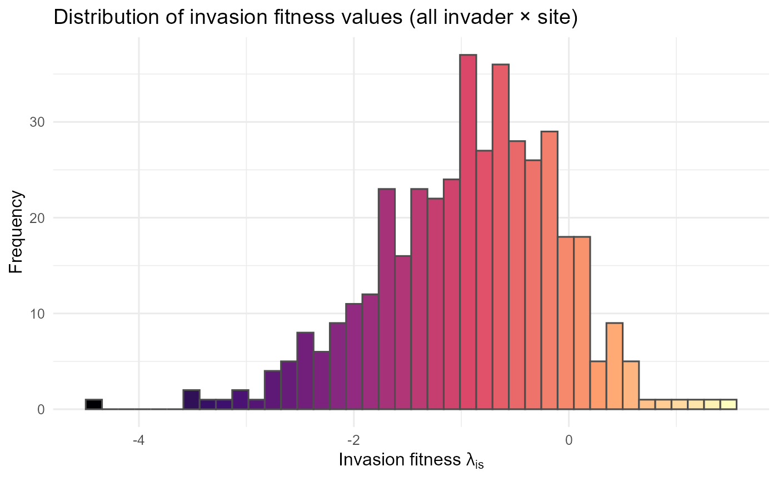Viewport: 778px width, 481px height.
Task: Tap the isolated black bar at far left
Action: pyautogui.click(x=93, y=405)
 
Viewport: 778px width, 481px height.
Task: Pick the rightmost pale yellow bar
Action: pyautogui.click(x=728, y=405)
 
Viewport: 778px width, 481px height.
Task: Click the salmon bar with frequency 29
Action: pyautogui.click(x=549, y=270)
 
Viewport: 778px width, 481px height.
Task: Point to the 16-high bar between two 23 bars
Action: pyautogui.click(x=403, y=333)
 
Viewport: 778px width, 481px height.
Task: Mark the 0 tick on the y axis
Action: pyautogui.click(x=41, y=410)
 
